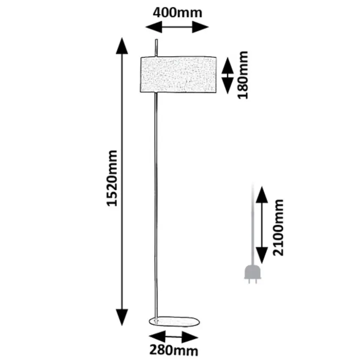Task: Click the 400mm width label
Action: [177, 13]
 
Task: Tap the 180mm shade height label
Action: [243, 75]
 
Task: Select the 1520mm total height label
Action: [112, 178]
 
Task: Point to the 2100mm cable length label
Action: [278, 227]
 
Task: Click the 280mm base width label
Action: [174, 351]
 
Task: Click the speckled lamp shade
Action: [178, 75]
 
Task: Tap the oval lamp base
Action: [174, 321]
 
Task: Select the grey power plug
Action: [252, 274]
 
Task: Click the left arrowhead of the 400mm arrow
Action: [154, 27]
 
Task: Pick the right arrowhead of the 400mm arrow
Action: [200, 27]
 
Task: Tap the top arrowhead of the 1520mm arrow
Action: [122, 46]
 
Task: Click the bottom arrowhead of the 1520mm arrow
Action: [122, 317]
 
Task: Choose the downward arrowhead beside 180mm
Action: [227, 86]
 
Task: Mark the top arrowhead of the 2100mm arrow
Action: [262, 194]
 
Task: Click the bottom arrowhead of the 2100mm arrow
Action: [262, 255]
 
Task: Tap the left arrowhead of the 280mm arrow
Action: [157, 337]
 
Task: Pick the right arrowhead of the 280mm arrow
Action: [190, 338]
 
